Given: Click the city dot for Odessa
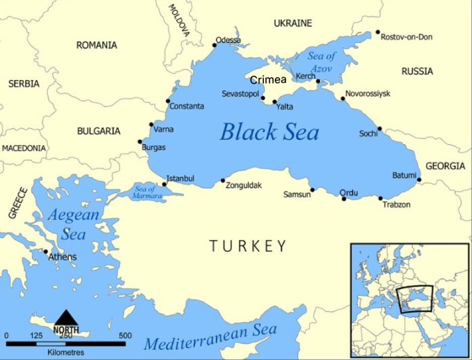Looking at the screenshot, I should click(x=214, y=45).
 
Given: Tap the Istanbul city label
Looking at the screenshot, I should click(x=180, y=178).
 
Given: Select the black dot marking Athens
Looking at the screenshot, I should click(x=46, y=252).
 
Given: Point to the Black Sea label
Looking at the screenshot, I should click(x=269, y=133).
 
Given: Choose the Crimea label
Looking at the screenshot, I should click(x=268, y=80).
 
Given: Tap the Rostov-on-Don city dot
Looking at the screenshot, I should click(x=377, y=32).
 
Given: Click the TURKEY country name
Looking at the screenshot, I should click(x=248, y=246).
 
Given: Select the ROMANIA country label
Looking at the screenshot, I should click(x=96, y=45).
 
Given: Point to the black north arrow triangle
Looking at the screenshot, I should click(x=66, y=318).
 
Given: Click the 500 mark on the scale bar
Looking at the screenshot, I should click(x=125, y=335).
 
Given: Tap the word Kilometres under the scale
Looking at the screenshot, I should click(x=66, y=352).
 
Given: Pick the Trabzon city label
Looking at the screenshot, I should click(x=396, y=205).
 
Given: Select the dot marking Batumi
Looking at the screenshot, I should click(x=419, y=179).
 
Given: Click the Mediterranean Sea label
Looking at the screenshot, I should click(x=210, y=337).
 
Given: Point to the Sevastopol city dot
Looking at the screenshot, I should click(x=263, y=98).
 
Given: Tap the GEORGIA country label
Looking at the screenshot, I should click(x=445, y=166).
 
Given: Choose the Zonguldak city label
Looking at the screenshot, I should click(x=244, y=186).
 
